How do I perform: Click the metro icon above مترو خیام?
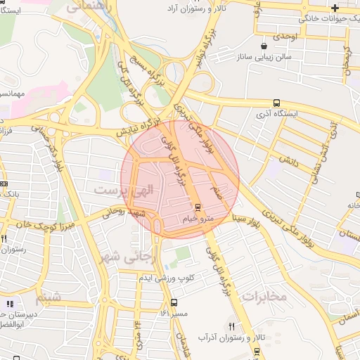click(198, 207)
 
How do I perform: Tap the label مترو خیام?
click(198, 219)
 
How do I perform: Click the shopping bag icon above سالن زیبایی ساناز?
click(264, 45)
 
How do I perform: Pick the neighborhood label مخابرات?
click(264, 296)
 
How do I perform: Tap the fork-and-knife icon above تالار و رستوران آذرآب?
click(232, 326)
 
